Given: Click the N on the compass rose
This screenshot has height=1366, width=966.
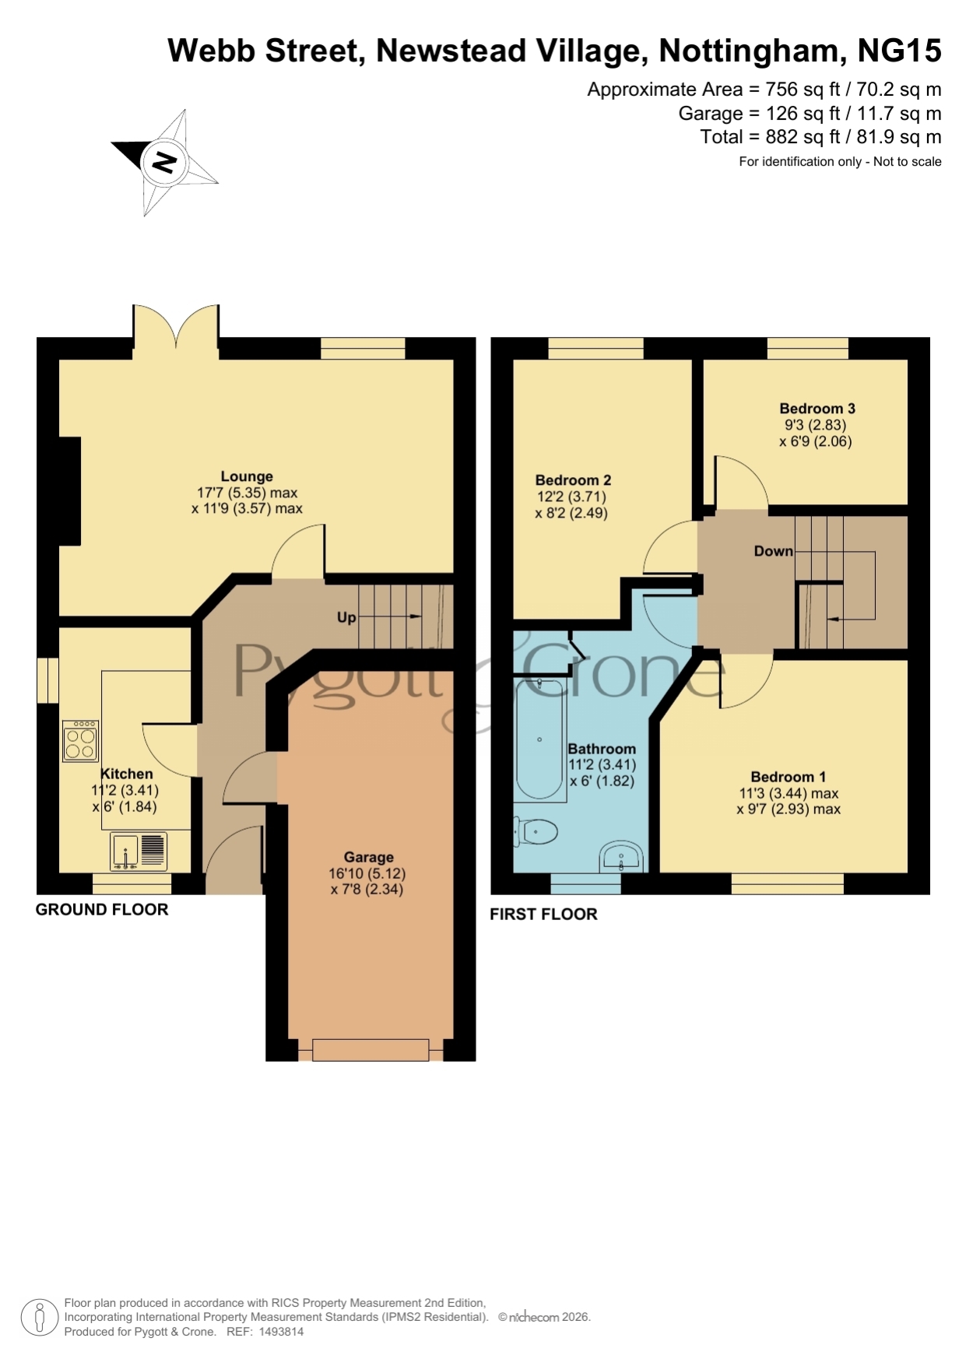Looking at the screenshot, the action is [x=164, y=162].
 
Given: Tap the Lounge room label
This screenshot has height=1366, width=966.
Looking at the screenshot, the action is [x=247, y=476].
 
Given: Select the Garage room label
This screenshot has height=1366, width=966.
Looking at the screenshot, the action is [x=368, y=857].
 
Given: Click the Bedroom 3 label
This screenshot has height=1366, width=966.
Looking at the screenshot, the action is [x=817, y=409].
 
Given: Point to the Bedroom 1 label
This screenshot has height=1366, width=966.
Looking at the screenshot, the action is [x=788, y=777].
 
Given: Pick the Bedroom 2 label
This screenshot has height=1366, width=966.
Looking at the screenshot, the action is [x=573, y=480].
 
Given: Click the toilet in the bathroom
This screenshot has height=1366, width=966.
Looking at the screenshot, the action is [x=536, y=832].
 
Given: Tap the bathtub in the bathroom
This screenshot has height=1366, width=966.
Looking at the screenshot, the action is [x=540, y=739].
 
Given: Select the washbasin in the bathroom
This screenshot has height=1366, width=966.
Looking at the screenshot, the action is [x=621, y=857].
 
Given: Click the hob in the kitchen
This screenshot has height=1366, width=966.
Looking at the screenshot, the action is [x=81, y=741].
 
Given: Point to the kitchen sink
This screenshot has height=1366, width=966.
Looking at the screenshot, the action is [x=139, y=851].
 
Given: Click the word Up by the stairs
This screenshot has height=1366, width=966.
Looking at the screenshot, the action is [x=346, y=617].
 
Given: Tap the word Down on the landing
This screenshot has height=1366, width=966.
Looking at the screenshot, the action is [x=774, y=551].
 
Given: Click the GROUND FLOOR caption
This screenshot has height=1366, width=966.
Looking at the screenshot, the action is [x=102, y=909].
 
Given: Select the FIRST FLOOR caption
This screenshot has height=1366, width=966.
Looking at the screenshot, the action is [x=543, y=914].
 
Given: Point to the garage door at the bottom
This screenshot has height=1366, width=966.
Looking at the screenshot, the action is [x=371, y=1050].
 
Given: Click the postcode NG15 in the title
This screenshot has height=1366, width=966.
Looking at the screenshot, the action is [x=899, y=51].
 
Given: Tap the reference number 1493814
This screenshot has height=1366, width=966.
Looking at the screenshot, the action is [x=281, y=1332].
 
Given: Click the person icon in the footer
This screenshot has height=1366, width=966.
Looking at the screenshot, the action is [x=39, y=1318].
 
